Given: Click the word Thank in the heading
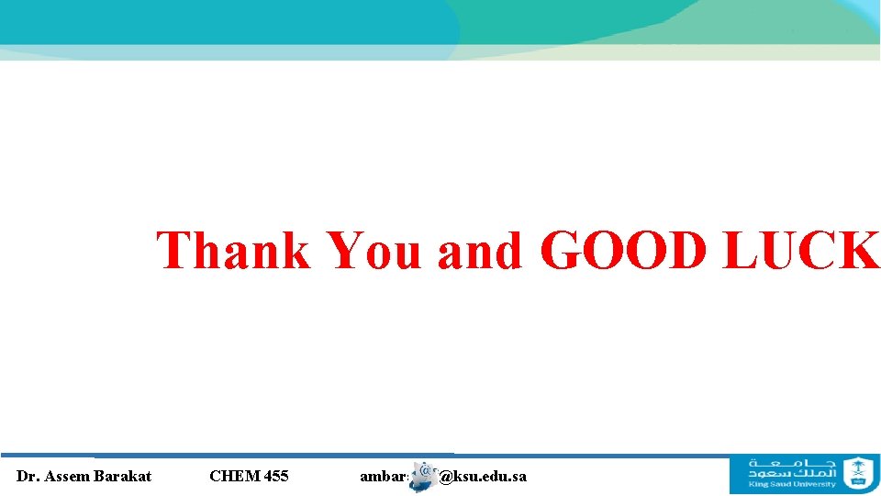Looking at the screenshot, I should tap(234, 250).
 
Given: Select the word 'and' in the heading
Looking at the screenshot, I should tap(480, 250).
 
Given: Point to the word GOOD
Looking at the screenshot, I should tap(624, 250).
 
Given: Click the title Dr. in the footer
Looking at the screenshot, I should tap(28, 476).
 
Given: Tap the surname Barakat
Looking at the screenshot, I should tap(121, 476).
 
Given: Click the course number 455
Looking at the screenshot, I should tap(275, 476).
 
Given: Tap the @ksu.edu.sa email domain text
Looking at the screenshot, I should tap(484, 476).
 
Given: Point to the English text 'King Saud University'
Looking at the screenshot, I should tap(792, 484).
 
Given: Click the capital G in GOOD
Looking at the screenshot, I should tap(563, 250).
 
